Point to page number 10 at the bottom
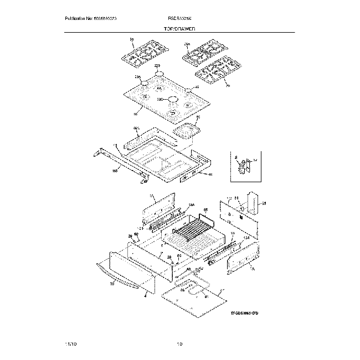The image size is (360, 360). (x=179, y=344)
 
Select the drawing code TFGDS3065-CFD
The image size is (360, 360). (x=244, y=313)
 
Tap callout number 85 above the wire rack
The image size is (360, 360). (x=205, y=210)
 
